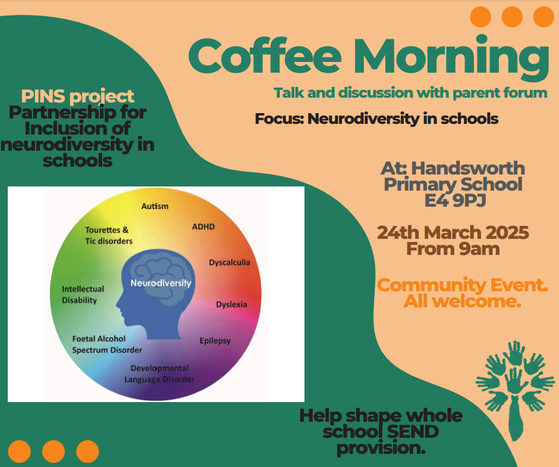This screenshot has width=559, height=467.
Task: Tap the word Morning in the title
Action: [x=451, y=58]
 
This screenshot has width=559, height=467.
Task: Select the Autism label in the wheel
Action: [x=155, y=206]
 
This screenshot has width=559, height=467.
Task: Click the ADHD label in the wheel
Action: [x=203, y=227]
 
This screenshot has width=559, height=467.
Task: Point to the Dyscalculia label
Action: [x=230, y=263]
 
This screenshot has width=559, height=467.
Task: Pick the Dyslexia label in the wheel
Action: [x=231, y=304]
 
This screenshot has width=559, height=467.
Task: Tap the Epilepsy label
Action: [x=215, y=341]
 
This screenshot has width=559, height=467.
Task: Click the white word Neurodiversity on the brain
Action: [x=161, y=283]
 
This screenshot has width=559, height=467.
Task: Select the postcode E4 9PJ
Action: [x=456, y=200]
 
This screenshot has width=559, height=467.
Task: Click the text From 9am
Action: [x=453, y=249]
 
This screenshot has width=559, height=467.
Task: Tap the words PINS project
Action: [x=77, y=96]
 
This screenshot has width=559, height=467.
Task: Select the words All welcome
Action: [x=463, y=301]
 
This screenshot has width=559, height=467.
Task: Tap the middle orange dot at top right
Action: [x=512, y=17]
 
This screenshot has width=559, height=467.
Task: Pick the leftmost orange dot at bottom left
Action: [x=19, y=452]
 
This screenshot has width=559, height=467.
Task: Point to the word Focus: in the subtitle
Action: [x=279, y=119]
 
